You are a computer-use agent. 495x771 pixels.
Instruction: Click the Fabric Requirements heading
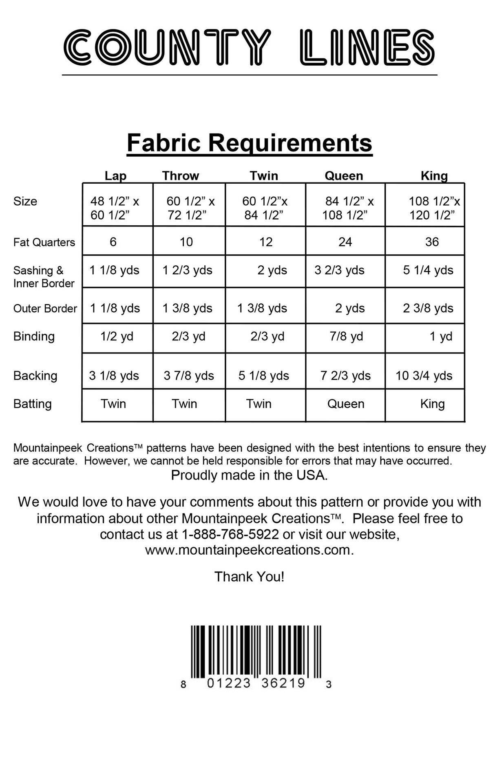coord(250,143)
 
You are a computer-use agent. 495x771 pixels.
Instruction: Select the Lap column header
coord(115,176)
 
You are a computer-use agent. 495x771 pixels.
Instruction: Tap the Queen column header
coord(344,176)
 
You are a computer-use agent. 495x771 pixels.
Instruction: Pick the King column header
coord(434,176)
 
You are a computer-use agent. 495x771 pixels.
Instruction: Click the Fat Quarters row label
coord(44,242)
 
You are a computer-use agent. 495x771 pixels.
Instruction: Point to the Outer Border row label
coord(45,309)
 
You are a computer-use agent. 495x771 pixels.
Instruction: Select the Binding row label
coord(34,336)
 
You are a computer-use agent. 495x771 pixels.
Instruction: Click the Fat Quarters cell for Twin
coord(265,242)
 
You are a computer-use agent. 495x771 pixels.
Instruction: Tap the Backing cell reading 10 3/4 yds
coord(424,376)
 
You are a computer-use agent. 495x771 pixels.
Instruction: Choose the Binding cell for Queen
coord(346,336)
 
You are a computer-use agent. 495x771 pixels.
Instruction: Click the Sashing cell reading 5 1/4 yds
coord(428,270)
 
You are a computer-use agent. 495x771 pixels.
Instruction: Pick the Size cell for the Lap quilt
coord(115,208)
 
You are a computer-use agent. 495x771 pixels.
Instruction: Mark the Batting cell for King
coord(432,404)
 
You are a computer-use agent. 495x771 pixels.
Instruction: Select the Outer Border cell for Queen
coord(350,308)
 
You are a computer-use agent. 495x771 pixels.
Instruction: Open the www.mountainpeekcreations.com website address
coord(249,550)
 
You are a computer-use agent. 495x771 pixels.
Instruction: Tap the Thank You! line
coord(249,577)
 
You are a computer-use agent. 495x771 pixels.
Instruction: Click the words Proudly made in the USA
coord(249,475)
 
